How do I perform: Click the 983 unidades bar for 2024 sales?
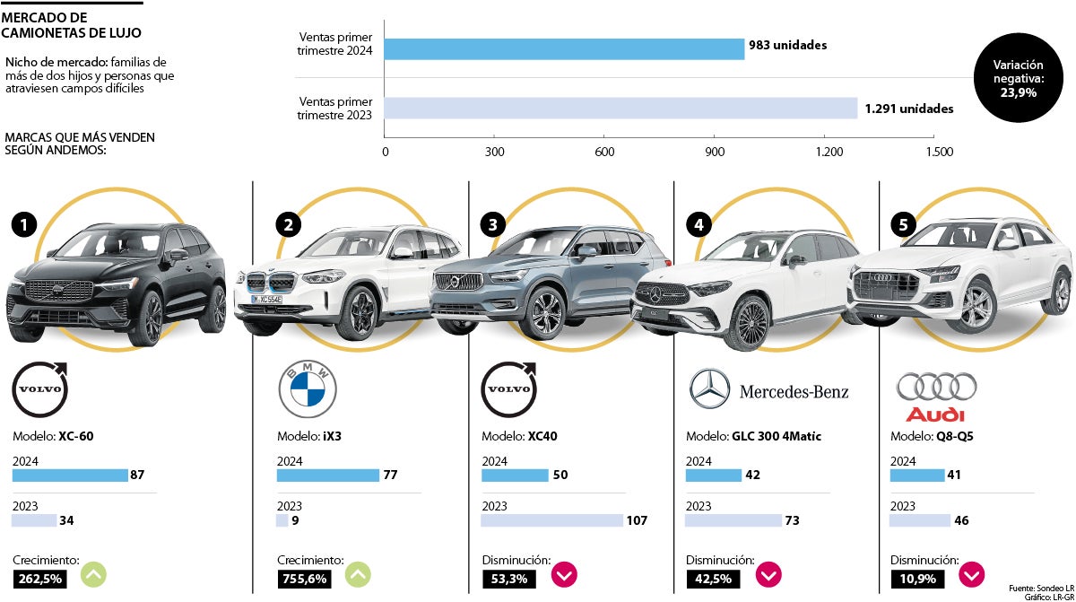pyautogui.click(x=564, y=48)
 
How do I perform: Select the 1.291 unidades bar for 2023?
pyautogui.click(x=620, y=109)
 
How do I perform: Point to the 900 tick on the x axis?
pyautogui.click(x=715, y=152)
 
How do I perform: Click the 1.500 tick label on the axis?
pyautogui.click(x=939, y=152)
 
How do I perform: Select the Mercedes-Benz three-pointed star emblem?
pyautogui.click(x=710, y=389)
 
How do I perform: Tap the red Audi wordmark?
pyautogui.click(x=935, y=414)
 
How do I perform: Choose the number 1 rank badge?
pyautogui.click(x=23, y=224)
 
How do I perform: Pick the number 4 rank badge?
pyautogui.click(x=699, y=223)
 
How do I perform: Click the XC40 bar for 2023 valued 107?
pyautogui.click(x=551, y=520)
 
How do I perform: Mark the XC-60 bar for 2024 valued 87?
pyautogui.click(x=70, y=475)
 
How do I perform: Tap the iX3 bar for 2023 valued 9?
pyautogui.click(x=282, y=520)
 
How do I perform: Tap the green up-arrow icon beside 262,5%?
pyautogui.click(x=93, y=574)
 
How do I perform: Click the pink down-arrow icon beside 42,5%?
pyautogui.click(x=768, y=574)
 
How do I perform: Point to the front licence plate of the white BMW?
pyautogui.click(x=266, y=299)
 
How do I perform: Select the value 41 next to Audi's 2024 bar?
pyautogui.click(x=954, y=475)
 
